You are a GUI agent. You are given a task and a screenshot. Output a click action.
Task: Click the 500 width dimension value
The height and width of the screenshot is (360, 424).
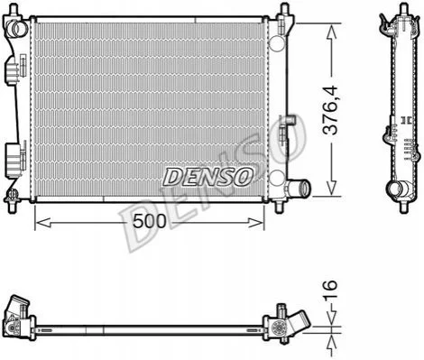click(150, 221)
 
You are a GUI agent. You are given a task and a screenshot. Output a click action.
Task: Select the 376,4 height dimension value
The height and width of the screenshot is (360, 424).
click(330, 110)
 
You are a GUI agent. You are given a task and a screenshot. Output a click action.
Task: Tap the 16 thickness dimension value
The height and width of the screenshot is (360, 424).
click(330, 289)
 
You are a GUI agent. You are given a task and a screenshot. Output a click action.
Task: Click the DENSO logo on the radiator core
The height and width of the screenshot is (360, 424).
click(207, 177)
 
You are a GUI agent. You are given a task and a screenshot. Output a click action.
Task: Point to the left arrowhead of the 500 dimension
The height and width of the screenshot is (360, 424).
click(42, 223)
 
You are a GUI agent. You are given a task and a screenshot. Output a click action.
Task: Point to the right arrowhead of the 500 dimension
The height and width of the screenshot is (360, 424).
click(256, 223)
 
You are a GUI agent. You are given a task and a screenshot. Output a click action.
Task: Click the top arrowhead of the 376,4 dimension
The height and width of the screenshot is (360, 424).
click(331, 32)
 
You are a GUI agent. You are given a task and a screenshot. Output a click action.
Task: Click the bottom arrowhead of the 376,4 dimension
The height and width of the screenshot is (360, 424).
click(331, 188)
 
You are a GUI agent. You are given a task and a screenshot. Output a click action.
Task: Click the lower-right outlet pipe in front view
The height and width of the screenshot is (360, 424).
click(300, 188)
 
